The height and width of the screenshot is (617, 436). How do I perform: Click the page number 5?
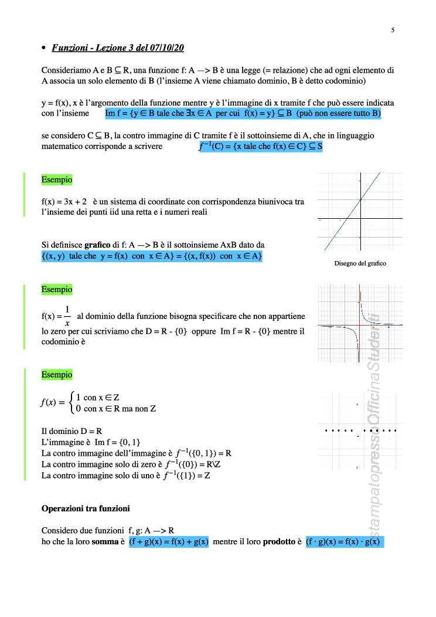click(x=393, y=29)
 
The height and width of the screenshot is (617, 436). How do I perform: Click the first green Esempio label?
click(x=57, y=179)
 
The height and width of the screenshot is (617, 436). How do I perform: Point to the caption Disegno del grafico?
click(x=360, y=263)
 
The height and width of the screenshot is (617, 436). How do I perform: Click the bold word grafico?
click(x=97, y=244)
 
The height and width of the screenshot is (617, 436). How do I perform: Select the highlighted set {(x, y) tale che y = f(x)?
click(x=152, y=257)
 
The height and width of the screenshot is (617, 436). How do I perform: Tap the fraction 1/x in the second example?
click(x=67, y=316)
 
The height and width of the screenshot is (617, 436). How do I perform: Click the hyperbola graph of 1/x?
click(x=360, y=324)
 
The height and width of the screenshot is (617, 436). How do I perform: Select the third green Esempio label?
click(x=57, y=374)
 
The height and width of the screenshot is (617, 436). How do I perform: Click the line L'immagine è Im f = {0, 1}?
click(x=91, y=442)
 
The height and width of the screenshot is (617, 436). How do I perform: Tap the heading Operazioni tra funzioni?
click(x=86, y=508)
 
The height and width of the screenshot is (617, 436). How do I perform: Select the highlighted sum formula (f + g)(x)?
click(x=169, y=542)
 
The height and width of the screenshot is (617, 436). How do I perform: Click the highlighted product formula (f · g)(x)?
click(x=345, y=542)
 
